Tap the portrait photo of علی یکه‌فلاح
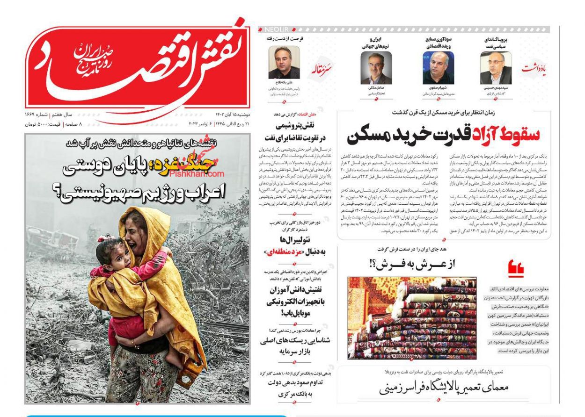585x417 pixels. tap(284, 63)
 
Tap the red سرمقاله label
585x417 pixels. tap(322, 71)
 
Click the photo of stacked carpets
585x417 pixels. tap(412, 318)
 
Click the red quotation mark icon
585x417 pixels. tap(515, 269)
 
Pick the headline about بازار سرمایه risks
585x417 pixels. tap(295, 345)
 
